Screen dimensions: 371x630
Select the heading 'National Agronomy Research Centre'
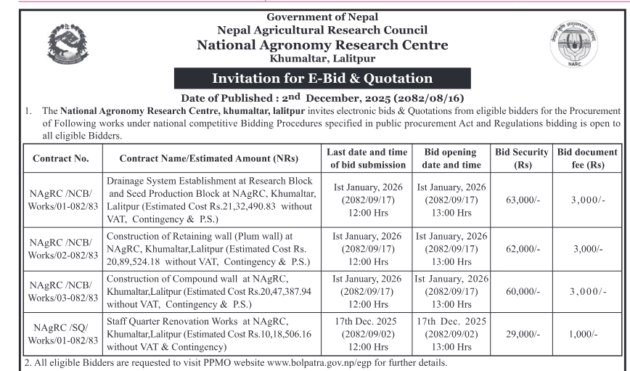(322, 45)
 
